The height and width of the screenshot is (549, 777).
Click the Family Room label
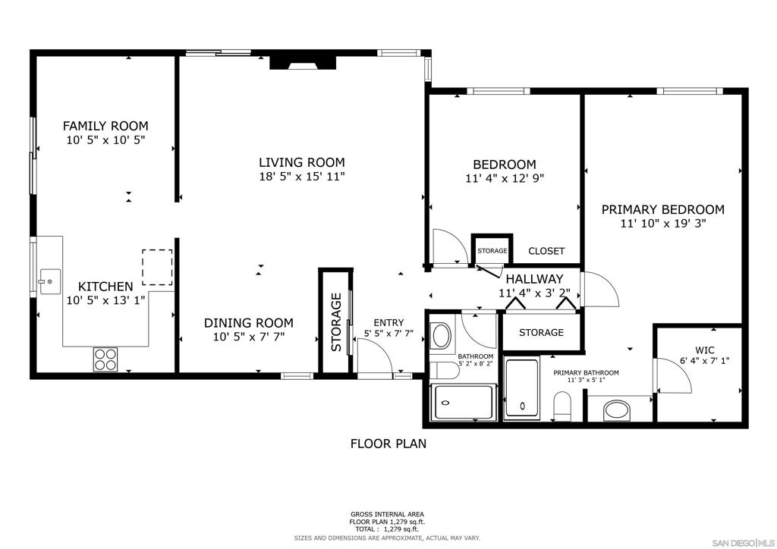pyautogui.click(x=105, y=126)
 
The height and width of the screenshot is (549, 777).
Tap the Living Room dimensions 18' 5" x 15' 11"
pyautogui.click(x=301, y=177)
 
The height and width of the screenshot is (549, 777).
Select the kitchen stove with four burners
pyautogui.click(x=106, y=358)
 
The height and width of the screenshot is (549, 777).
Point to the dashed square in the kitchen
pyautogui.click(x=157, y=267)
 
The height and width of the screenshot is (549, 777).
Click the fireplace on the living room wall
pyautogui.click(x=304, y=62)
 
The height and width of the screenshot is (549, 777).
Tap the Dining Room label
pyautogui.click(x=248, y=322)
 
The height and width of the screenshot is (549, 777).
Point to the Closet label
pyautogui.click(x=546, y=251)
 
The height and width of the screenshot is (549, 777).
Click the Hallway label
pyautogui.click(x=534, y=279)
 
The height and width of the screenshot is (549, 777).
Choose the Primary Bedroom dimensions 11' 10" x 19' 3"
pyautogui.click(x=662, y=224)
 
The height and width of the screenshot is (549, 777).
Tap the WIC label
pyautogui.click(x=705, y=350)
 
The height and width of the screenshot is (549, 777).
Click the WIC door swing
pyautogui.click(x=674, y=375)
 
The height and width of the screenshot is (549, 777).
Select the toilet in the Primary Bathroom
pyautogui.click(x=562, y=406)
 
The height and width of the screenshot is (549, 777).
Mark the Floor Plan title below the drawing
pyautogui.click(x=388, y=444)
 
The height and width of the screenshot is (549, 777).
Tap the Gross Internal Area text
pyautogui.click(x=387, y=513)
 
